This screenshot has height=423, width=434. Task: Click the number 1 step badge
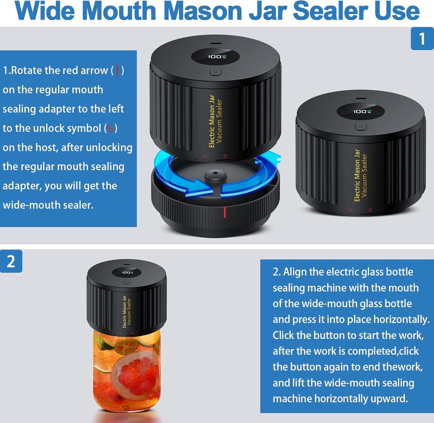(x=422, y=39)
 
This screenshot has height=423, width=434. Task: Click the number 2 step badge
(x=11, y=261)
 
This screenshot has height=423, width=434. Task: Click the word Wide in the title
(x=46, y=11)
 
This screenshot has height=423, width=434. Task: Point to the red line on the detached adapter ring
(x=224, y=212)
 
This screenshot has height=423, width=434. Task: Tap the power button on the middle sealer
(x=215, y=72)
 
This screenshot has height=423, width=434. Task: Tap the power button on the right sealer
(x=361, y=127)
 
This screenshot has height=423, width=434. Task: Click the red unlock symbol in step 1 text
(x=110, y=128)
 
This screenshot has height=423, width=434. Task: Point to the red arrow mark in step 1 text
(x=117, y=70)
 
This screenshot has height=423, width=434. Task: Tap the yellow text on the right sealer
(x=361, y=175)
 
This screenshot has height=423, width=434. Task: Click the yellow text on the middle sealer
(x=215, y=121)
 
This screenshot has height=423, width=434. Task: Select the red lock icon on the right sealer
(x=370, y=210)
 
